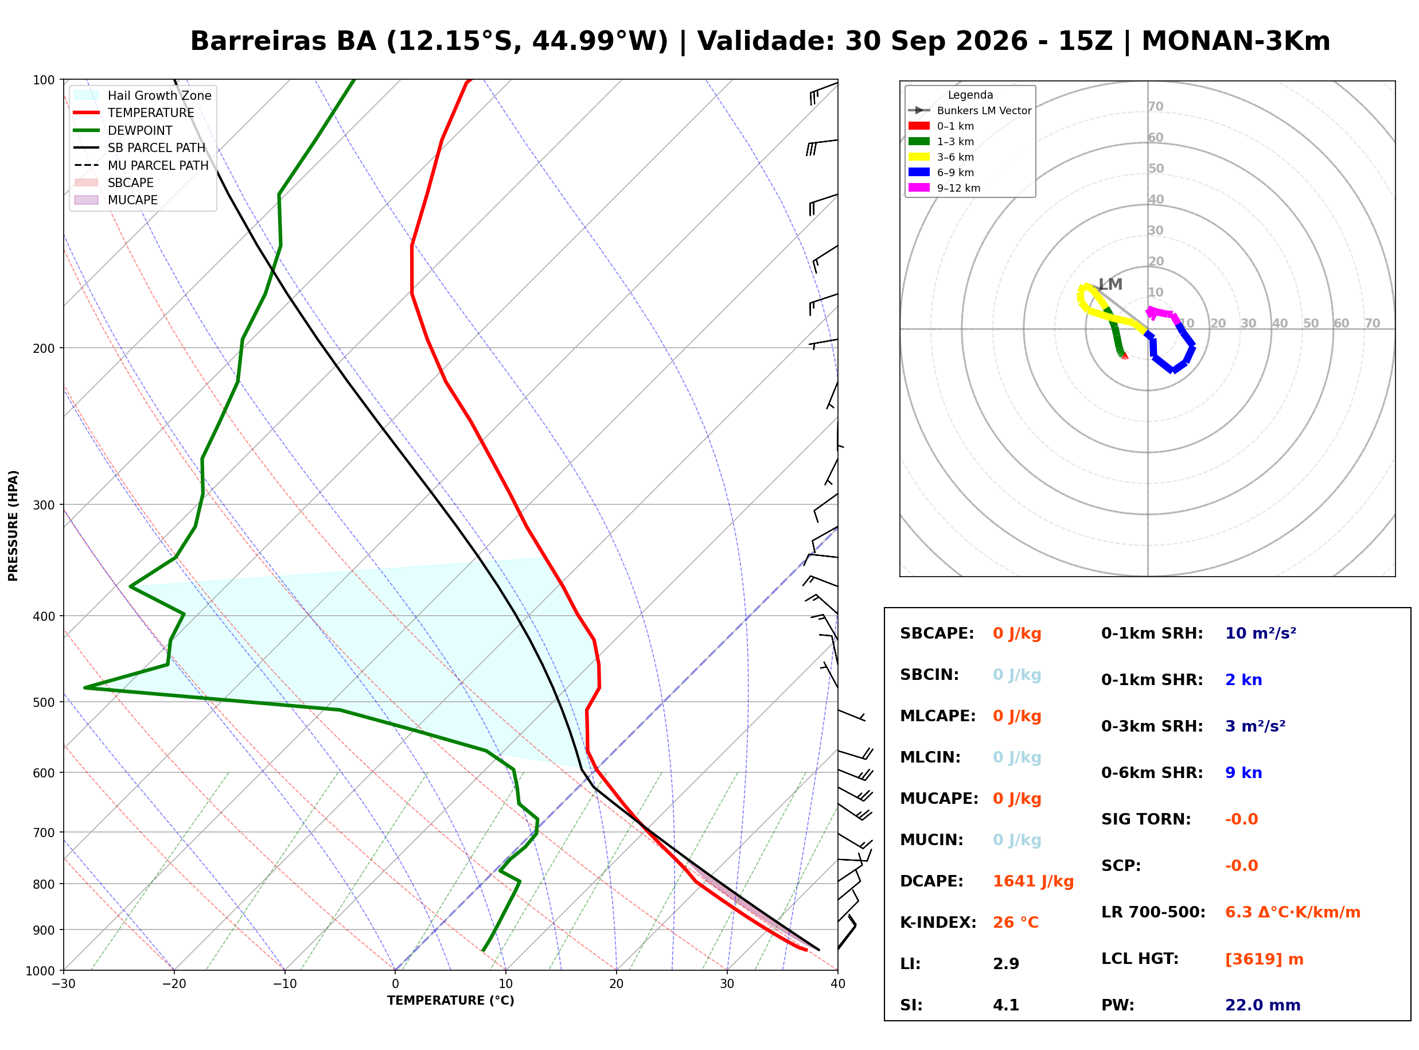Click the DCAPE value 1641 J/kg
(x=1033, y=881)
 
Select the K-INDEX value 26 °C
(x=1016, y=923)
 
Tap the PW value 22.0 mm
(x=1263, y=1005)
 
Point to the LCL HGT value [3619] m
(x=1264, y=959)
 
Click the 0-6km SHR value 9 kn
(x=1243, y=773)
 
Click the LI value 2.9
(x=1006, y=964)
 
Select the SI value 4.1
(x=1006, y=1005)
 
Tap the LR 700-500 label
(x=1153, y=913)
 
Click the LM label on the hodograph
(x=1111, y=284)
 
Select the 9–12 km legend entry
(x=945, y=188)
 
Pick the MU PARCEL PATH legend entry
(x=142, y=165)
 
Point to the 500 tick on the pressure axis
(x=43, y=702)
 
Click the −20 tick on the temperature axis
(x=174, y=985)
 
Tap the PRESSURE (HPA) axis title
(x=13, y=526)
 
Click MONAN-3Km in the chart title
(x=1236, y=41)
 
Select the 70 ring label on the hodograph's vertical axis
(x=1156, y=107)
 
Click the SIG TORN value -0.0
(x=1242, y=819)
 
